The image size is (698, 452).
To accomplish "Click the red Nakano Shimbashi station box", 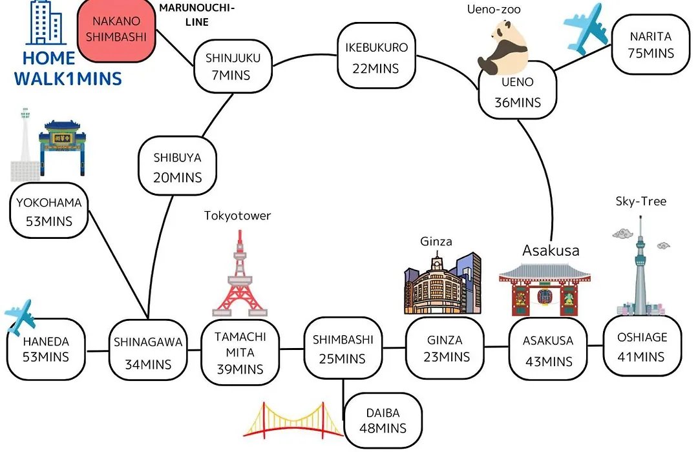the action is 116,30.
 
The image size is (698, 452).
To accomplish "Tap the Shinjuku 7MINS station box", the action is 233,67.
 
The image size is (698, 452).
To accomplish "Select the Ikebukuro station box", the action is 377,56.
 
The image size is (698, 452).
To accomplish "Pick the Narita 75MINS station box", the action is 651,45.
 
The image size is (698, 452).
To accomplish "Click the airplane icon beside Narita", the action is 586,29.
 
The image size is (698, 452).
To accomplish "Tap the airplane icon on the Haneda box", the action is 20,317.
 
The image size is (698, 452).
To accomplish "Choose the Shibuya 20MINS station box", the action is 177,166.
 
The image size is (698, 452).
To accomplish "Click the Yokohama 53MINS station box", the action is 49,211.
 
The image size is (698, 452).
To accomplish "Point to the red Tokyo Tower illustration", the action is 240,273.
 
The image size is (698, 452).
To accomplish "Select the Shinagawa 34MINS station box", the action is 148,350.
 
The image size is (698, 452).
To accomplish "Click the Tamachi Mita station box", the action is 240,352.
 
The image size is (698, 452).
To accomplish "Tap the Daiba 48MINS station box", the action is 383,420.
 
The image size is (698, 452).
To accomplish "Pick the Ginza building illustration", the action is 443,283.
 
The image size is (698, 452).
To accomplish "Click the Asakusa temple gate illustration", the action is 545,289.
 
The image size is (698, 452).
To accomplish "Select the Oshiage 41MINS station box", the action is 642,345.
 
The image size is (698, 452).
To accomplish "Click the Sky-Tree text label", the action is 641,201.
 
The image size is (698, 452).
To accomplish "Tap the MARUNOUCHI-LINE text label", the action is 196,15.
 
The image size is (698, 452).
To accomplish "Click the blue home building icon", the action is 45,22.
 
